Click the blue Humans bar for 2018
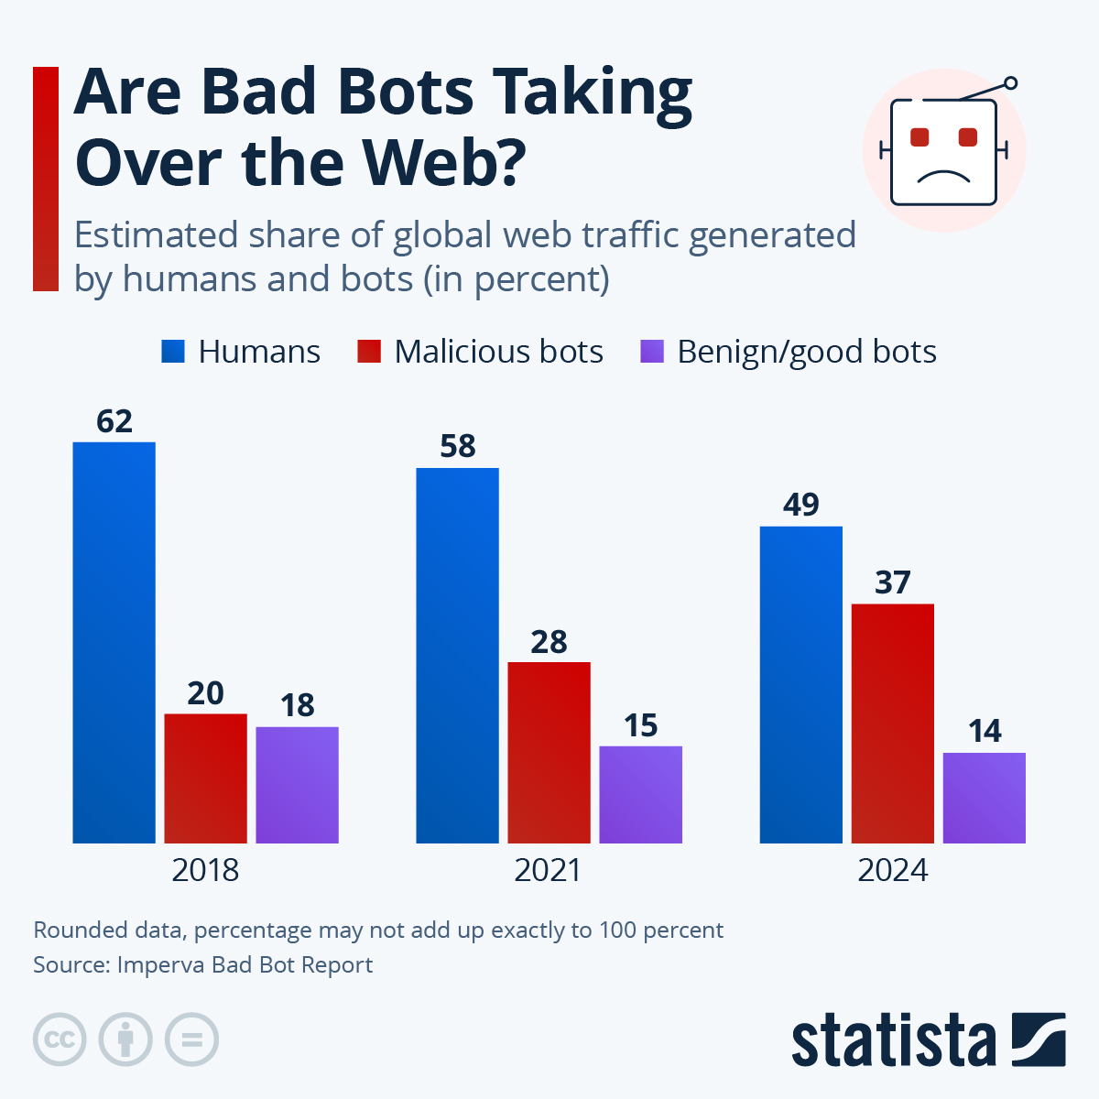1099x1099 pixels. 114,641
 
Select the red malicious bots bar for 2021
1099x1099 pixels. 549,752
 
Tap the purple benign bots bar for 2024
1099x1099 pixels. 984,798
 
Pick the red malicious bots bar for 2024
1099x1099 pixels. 892,723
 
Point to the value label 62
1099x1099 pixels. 114,421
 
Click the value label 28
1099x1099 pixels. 549,642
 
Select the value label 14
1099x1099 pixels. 985,731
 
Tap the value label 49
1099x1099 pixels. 801,505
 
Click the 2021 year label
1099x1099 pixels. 548,870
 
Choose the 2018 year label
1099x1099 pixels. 205,870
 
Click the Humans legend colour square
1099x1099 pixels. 173,352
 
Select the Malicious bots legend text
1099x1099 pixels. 498,352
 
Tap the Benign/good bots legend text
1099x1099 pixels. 806,352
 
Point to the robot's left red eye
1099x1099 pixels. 919,137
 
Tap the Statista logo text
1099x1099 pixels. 893,1040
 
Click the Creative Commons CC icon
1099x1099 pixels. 60,1040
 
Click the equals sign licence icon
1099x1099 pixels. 191,1040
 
